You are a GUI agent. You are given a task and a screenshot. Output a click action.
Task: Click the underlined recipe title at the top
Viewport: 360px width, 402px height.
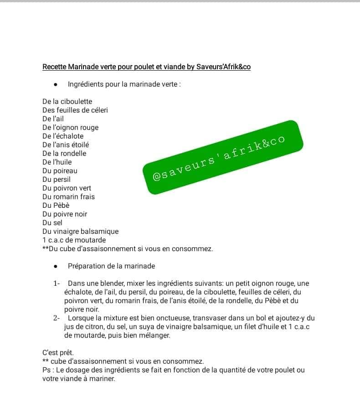[146, 67]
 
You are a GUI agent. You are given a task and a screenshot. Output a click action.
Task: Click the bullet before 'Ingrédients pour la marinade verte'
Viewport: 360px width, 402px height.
[55, 84]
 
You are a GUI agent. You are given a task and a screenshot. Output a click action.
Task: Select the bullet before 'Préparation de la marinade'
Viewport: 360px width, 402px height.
[55, 266]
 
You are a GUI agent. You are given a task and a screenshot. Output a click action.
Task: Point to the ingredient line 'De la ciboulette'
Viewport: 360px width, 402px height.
[67, 102]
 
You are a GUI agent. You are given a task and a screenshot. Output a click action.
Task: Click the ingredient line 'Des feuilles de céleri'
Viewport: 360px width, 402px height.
[75, 110]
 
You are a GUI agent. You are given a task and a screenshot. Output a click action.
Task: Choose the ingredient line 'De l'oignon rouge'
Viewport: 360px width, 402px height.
[70, 128]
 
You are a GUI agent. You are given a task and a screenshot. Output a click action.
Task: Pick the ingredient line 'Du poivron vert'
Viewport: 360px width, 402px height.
[67, 188]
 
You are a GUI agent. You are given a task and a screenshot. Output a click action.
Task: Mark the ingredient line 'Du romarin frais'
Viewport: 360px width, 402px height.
[68, 197]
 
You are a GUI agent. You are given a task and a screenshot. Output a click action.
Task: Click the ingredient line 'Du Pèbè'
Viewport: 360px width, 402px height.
[56, 206]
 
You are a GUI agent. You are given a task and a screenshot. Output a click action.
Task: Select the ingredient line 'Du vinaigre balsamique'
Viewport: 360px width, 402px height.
[80, 232]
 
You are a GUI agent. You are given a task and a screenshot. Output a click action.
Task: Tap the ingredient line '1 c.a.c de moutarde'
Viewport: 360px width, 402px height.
[74, 240]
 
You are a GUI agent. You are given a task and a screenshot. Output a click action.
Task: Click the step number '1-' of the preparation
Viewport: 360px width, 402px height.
[57, 283]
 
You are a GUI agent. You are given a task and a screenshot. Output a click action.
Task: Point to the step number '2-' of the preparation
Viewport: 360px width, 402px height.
[57, 318]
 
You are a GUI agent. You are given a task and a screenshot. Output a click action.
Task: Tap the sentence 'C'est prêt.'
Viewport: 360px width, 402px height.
[57, 353]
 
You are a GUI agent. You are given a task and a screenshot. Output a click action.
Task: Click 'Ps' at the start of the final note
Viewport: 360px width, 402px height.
[46, 370]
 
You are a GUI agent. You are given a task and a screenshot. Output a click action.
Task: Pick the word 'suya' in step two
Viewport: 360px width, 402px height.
[139, 327]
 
